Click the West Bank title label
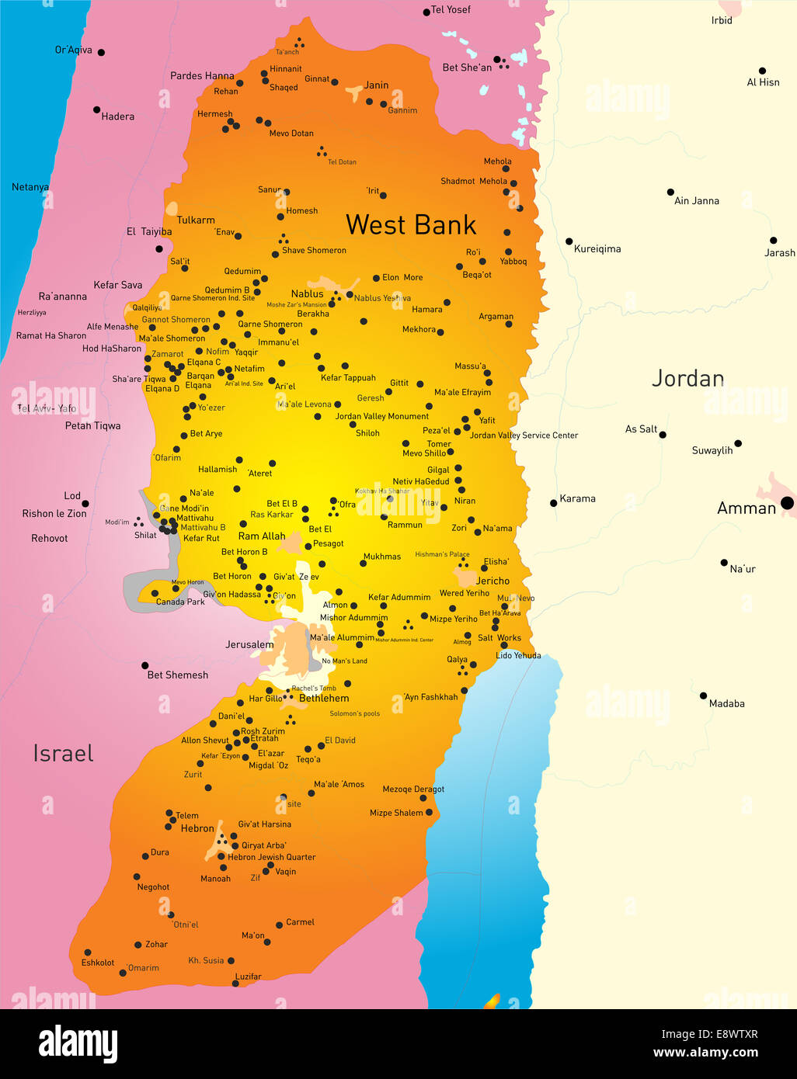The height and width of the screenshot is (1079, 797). tap(410, 225)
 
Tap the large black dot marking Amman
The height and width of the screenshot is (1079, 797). tap(787, 503)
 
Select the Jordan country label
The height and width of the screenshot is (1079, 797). tap(687, 379)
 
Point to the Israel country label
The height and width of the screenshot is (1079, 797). tap(63, 753)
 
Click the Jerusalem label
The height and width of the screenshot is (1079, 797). tap(249, 644)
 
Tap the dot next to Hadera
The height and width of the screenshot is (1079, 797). tap(96, 109)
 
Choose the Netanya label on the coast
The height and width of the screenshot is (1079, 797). tap(30, 187)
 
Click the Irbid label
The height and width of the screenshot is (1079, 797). tap(722, 20)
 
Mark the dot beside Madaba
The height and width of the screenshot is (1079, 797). tap(703, 696)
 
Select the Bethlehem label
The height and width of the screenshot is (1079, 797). tap(324, 698)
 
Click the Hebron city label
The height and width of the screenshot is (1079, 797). tap(197, 828)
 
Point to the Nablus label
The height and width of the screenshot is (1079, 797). tap(307, 293)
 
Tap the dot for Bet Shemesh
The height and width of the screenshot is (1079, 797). tap(144, 665)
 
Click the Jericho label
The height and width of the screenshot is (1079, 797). tap(492, 581)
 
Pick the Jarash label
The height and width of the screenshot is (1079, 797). tap(779, 252)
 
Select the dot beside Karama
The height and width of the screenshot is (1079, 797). tap(553, 503)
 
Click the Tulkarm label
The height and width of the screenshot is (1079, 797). tap(196, 220)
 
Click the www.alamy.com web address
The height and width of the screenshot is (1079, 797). tap(705, 1053)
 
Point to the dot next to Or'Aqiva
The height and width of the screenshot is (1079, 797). tap(101, 53)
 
